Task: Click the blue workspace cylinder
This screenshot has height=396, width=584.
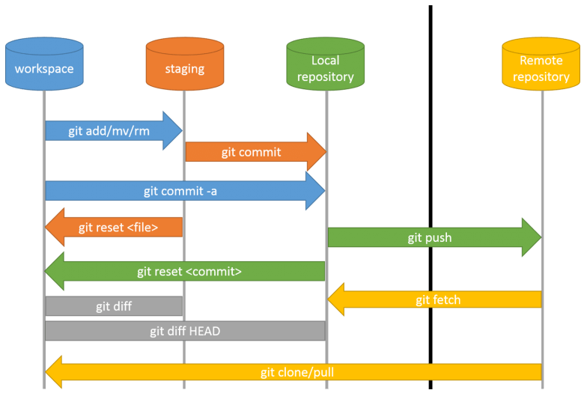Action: pyautogui.click(x=44, y=64)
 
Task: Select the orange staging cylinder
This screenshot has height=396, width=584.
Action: pyautogui.click(x=184, y=64)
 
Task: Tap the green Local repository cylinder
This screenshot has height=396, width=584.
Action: pyautogui.click(x=325, y=64)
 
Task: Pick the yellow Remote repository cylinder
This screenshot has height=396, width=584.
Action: pyautogui.click(x=541, y=64)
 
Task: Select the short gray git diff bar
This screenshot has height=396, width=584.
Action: pyautogui.click(x=114, y=306)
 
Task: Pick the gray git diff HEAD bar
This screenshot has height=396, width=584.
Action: pyautogui.click(x=184, y=331)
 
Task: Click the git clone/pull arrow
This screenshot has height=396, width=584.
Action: pyautogui.click(x=292, y=371)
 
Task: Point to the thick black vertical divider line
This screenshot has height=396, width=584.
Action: pyautogui.click(x=431, y=187)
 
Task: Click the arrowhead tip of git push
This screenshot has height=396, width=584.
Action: pyautogui.click(x=538, y=238)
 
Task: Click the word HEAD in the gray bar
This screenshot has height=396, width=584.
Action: pyautogui.click(x=204, y=331)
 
